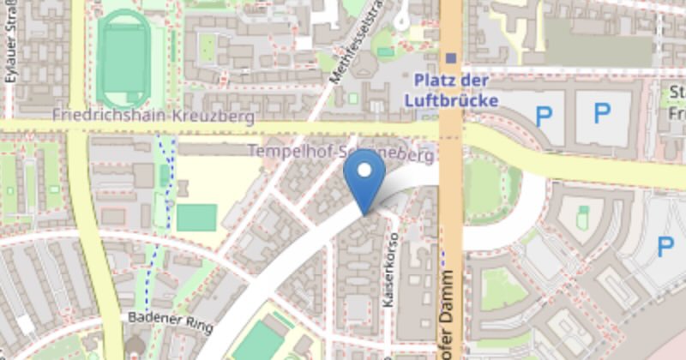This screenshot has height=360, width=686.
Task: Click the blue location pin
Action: pyautogui.click(x=364, y=183)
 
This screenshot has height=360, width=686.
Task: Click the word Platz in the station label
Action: pyautogui.click(x=433, y=81)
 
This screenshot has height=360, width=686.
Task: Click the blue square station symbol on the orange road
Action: pyautogui.click(x=451, y=58)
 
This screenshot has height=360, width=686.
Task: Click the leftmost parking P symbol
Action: pyautogui.click(x=543, y=116)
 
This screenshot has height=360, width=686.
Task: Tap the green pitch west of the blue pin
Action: pyautogui.click(x=196, y=218)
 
